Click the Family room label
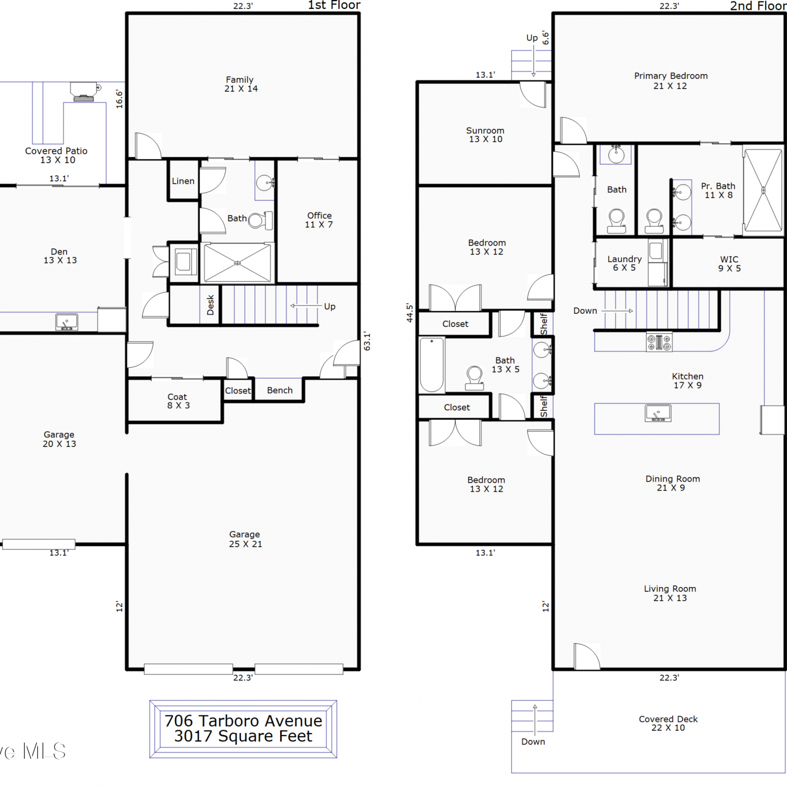click(x=241, y=84)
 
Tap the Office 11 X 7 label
click(x=319, y=220)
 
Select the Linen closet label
click(x=183, y=181)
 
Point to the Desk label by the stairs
click(x=210, y=305)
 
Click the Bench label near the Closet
click(x=280, y=390)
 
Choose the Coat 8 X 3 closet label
click(x=178, y=401)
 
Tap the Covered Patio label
click(x=57, y=155)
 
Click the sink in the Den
click(x=67, y=322)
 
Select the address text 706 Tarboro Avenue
click(x=243, y=721)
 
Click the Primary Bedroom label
click(x=671, y=81)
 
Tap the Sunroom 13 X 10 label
click(x=485, y=135)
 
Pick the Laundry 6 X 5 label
click(x=624, y=263)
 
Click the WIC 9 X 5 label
click(x=729, y=264)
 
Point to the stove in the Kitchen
click(x=659, y=343)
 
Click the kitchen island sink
click(x=658, y=413)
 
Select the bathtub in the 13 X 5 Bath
click(x=432, y=365)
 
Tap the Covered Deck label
click(x=668, y=724)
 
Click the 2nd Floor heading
click(x=758, y=6)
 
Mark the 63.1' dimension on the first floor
click(x=367, y=341)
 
